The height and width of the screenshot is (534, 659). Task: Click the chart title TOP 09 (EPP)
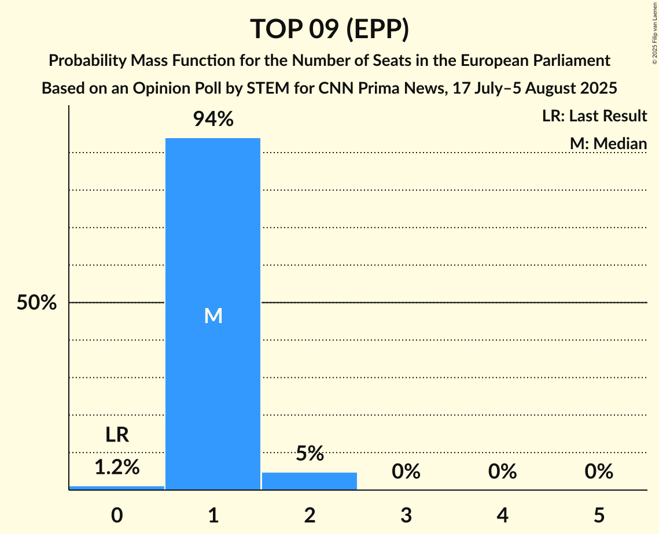pyautogui.click(x=329, y=29)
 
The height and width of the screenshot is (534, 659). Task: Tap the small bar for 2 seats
pyautogui.click(x=310, y=481)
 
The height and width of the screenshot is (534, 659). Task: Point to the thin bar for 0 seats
pyautogui.click(x=117, y=487)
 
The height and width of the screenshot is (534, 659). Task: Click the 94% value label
pyautogui.click(x=213, y=120)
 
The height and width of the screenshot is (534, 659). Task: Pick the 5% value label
pyautogui.click(x=310, y=454)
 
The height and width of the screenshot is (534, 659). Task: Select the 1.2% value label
pyautogui.click(x=117, y=468)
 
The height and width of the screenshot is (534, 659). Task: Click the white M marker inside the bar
pyautogui.click(x=213, y=316)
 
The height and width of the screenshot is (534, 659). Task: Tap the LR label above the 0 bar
pyautogui.click(x=117, y=435)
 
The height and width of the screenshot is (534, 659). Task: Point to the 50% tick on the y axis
pyautogui.click(x=36, y=303)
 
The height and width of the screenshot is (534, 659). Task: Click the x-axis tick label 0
pyautogui.click(x=117, y=516)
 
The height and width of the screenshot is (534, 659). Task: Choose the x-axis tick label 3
pyautogui.click(x=406, y=516)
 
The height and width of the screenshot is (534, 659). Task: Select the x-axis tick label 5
pyautogui.click(x=598, y=516)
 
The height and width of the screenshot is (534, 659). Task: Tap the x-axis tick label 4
pyautogui.click(x=502, y=516)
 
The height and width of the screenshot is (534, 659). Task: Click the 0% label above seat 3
pyautogui.click(x=406, y=472)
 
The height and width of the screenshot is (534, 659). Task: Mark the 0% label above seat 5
pyautogui.click(x=598, y=472)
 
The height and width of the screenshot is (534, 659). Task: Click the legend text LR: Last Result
pyautogui.click(x=594, y=116)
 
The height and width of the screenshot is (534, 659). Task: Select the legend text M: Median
pyautogui.click(x=608, y=143)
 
